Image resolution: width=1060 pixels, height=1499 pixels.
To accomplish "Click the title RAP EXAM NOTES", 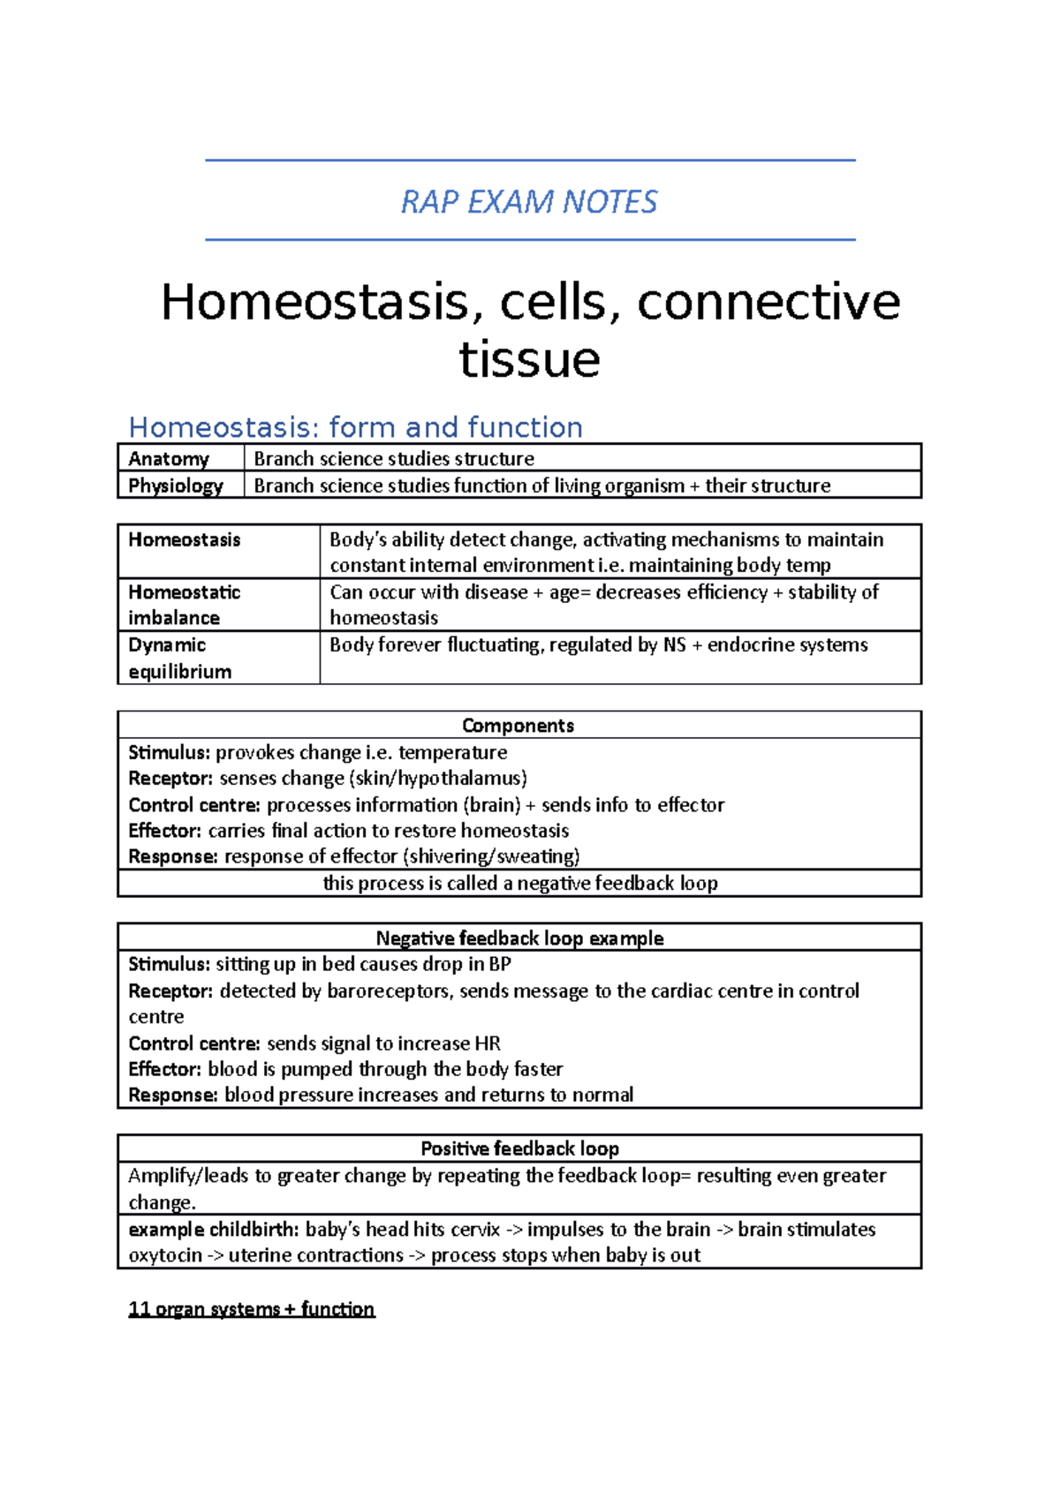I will pos(529,202).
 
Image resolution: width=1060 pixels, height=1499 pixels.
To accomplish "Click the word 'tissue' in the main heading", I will pos(530,359).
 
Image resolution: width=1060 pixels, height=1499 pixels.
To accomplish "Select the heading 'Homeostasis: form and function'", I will pos(355,427).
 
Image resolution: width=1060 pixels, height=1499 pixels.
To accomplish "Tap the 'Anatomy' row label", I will pos(169,459).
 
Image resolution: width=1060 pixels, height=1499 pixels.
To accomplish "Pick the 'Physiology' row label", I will pos(176,486).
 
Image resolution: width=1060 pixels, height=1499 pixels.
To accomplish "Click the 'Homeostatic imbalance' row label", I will pos(184,605).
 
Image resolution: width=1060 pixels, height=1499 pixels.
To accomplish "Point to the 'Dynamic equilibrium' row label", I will pos(180,658).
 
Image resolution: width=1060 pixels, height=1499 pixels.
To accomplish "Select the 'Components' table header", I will pos(518,726).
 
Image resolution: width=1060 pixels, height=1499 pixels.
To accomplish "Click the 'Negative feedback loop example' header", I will pos(519,938).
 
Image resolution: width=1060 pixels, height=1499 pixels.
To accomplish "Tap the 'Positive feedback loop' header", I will pos(519,1149).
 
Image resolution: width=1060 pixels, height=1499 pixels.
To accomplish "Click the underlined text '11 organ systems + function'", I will pos(252,1309).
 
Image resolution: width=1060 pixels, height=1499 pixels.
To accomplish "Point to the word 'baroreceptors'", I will pos(390,991).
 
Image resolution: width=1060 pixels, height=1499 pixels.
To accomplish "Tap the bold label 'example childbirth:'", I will pos(213,1229).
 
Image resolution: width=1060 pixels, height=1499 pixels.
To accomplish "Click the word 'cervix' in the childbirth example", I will pos(476,1229).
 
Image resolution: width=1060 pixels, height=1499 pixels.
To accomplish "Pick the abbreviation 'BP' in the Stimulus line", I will pos(499,964).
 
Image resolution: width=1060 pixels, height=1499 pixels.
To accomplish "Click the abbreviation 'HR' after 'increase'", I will pos(488,1043).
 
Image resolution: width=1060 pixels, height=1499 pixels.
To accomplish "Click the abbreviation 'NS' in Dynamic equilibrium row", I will pos(675,645).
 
